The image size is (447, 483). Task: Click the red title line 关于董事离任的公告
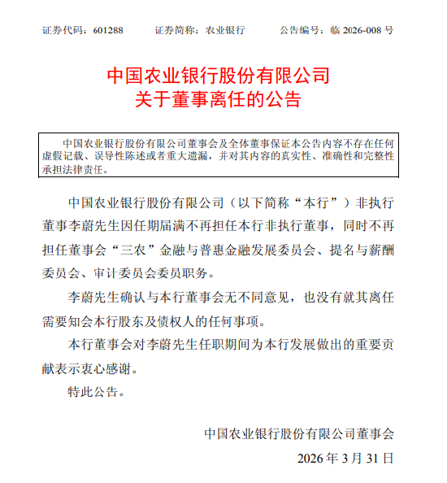pos(219,101)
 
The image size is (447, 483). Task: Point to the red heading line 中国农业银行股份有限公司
pos(219,77)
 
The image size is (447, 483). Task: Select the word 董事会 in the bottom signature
pos(377,433)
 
